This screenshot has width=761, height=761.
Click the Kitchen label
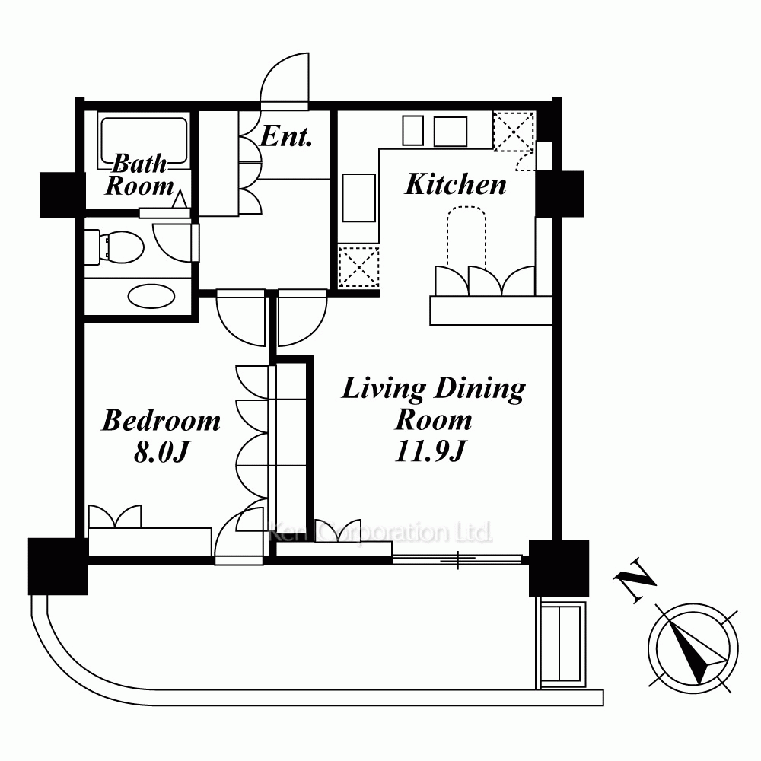point(455,184)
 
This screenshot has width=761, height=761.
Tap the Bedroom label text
point(161,420)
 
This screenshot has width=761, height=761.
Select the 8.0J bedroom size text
point(161,452)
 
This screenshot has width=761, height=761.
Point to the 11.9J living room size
point(431,451)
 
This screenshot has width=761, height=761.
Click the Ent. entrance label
point(286,136)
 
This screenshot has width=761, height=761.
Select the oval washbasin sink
point(151,296)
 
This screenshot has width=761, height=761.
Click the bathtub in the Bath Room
point(143,141)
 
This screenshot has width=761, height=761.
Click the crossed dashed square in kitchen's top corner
point(514,131)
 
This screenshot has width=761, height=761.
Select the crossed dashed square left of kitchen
point(358,266)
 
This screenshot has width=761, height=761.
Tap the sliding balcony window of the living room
point(457,559)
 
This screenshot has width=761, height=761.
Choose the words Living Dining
point(434,389)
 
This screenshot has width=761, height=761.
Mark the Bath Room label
point(139,175)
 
